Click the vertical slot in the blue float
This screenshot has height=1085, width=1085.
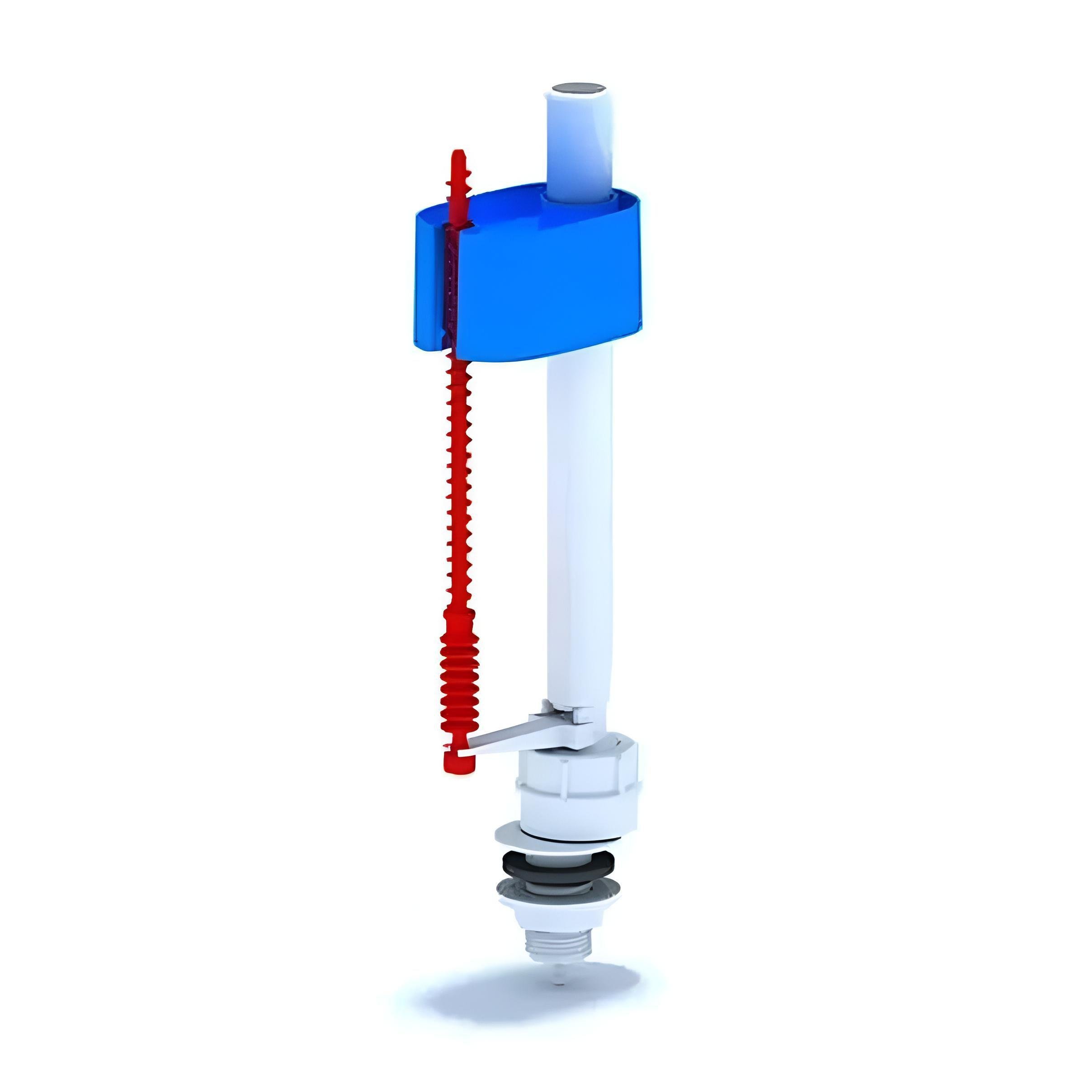click(x=448, y=281)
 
